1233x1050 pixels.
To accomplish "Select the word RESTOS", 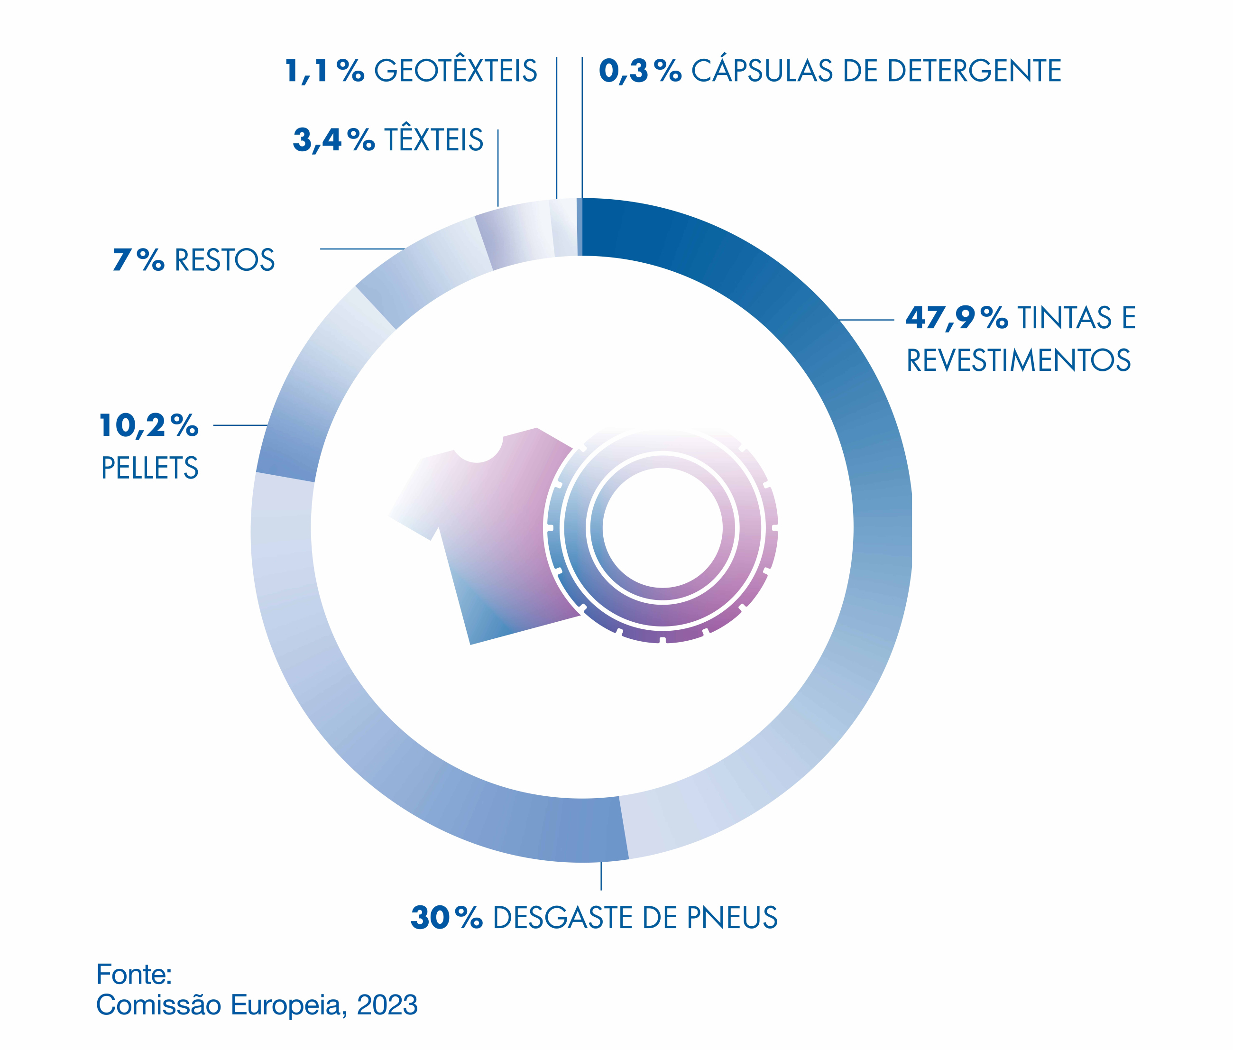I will [224, 260].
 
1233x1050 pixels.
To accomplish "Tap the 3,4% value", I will [334, 140].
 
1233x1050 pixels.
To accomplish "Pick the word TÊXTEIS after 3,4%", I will [434, 140].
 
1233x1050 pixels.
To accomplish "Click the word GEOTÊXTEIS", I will [455, 71].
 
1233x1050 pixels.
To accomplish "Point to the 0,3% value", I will [640, 71].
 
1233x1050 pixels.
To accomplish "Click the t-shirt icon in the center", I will [482, 536].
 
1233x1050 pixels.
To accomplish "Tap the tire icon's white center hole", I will [663, 528].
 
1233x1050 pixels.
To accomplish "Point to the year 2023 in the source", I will [387, 1005].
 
